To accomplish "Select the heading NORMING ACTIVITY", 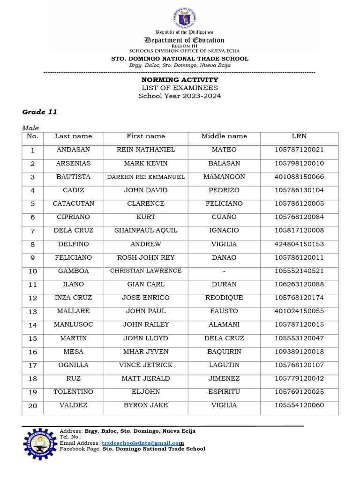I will (x=180, y=80).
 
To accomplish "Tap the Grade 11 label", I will (x=40, y=112).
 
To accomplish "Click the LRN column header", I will (x=299, y=136).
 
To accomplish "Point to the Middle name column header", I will (x=224, y=136).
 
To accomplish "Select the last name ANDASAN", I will (x=73, y=150).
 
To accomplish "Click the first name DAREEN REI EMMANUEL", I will (x=146, y=177).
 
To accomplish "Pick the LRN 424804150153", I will (x=299, y=244).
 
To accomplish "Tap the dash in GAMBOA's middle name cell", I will (x=224, y=271).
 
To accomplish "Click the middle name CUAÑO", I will (x=224, y=217).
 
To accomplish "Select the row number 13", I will (x=33, y=312).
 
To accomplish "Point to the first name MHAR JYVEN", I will (x=146, y=352).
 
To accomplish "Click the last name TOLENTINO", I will (x=73, y=392).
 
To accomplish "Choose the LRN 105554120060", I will (x=299, y=405).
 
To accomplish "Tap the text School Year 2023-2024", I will (x=180, y=96).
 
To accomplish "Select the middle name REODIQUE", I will (x=224, y=298).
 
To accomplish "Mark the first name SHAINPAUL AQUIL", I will (x=146, y=231).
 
